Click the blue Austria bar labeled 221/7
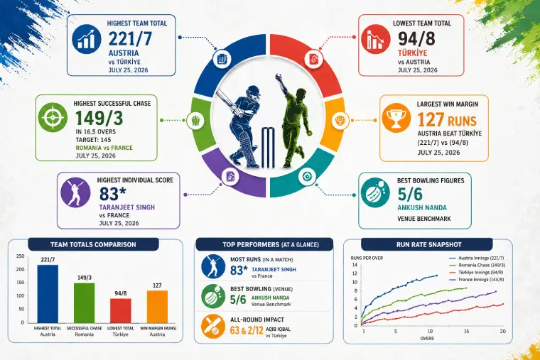coord(48,293)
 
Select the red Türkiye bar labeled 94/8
coord(121,310)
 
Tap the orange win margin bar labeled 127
coord(158,306)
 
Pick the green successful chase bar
coord(84,303)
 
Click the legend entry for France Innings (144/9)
coord(477,280)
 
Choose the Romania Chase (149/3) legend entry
coord(477,265)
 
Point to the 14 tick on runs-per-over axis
coord(355,265)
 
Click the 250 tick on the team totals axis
coord(21,256)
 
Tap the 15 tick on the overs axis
coord(466,331)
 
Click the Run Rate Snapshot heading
coord(428,245)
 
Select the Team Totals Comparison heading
coord(93,245)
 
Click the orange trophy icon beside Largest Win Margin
coord(396,117)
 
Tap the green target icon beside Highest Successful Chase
coord(53,117)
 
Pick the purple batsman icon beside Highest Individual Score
coord(75,192)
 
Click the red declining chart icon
coord(376,39)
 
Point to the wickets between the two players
coord(269,148)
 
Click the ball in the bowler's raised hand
coord(277,77)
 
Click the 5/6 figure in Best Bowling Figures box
coord(410,195)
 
